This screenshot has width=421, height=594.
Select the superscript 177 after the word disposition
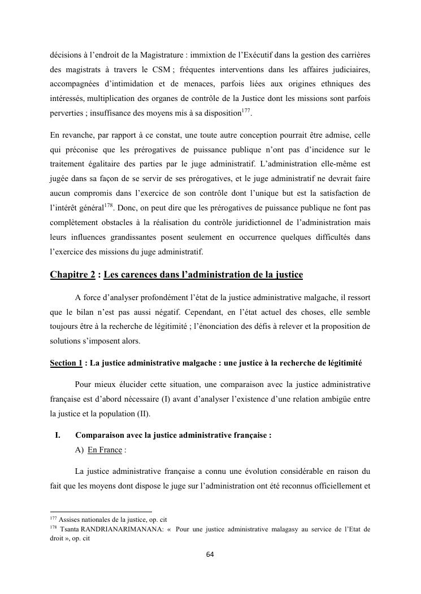click(x=245, y=110)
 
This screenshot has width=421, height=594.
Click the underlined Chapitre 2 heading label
click(x=69, y=275)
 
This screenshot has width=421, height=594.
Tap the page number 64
click(x=210, y=555)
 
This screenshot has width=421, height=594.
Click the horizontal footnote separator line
click(x=101, y=511)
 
